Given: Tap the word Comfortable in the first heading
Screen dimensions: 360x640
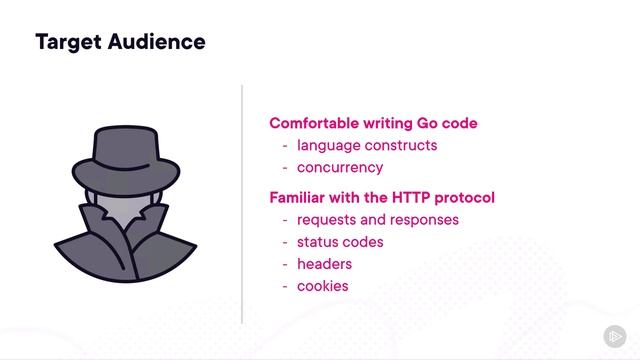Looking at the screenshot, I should pyautogui.click(x=313, y=124).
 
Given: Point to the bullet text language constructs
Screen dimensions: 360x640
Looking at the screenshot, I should pyautogui.click(x=366, y=146).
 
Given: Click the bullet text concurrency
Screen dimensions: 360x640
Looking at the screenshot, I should pyautogui.click(x=340, y=168).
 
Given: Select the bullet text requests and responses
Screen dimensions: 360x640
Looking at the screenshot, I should pyautogui.click(x=377, y=220).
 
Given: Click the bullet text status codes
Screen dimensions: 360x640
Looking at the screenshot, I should pyautogui.click(x=340, y=242).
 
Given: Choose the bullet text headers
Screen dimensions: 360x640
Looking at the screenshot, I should pyautogui.click(x=324, y=264).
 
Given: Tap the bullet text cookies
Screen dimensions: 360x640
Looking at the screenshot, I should pyautogui.click(x=322, y=286).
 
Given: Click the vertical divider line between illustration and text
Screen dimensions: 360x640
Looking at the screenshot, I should pyautogui.click(x=242, y=200).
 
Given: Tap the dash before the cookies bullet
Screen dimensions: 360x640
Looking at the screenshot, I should pyautogui.click(x=285, y=286).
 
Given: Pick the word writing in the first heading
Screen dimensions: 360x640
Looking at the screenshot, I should pyautogui.click(x=384, y=124).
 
